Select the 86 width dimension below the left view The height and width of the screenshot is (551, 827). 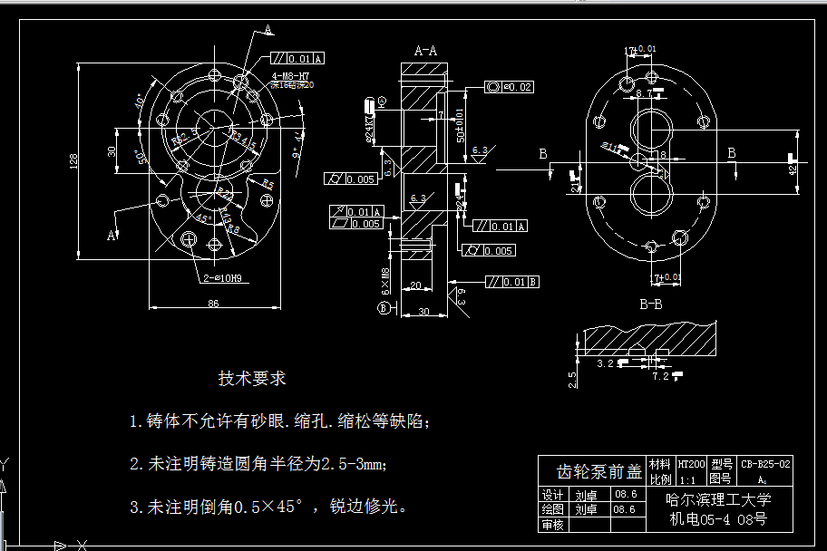213,304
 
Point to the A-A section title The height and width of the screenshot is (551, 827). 425,52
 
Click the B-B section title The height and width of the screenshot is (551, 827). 650,304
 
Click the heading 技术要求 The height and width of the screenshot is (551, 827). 251,378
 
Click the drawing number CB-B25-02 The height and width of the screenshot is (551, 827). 766,463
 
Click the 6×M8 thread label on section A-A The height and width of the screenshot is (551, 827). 385,282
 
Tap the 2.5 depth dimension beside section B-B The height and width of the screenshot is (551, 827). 572,378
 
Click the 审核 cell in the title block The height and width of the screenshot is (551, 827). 552,525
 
